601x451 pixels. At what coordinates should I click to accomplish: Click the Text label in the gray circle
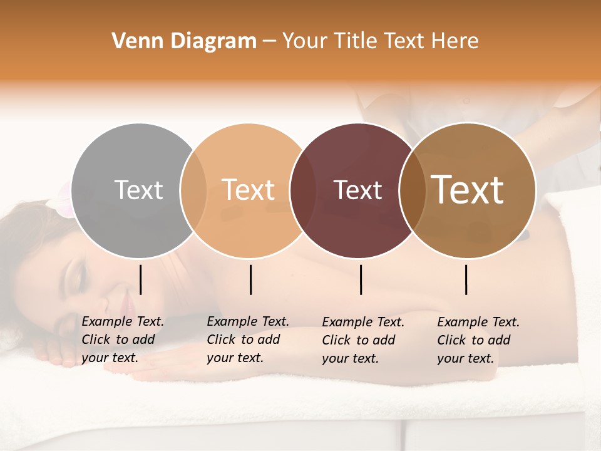point(138,190)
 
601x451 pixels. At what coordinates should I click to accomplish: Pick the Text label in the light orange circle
point(248,190)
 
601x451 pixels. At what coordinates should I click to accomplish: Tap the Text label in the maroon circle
point(357,190)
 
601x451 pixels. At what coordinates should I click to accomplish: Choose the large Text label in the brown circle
point(468,190)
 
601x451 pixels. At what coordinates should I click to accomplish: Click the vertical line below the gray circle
point(140,279)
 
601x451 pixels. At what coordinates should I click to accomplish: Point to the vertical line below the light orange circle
point(250,279)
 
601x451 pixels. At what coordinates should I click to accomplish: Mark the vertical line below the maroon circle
point(361,279)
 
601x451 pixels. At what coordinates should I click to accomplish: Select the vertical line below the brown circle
point(466,279)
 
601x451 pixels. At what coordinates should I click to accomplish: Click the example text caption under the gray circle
point(122,340)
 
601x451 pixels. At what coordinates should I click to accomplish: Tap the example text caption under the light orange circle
point(247,340)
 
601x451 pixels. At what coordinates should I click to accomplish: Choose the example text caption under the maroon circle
point(362,340)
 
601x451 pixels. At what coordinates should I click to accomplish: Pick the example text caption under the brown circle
point(478,340)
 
